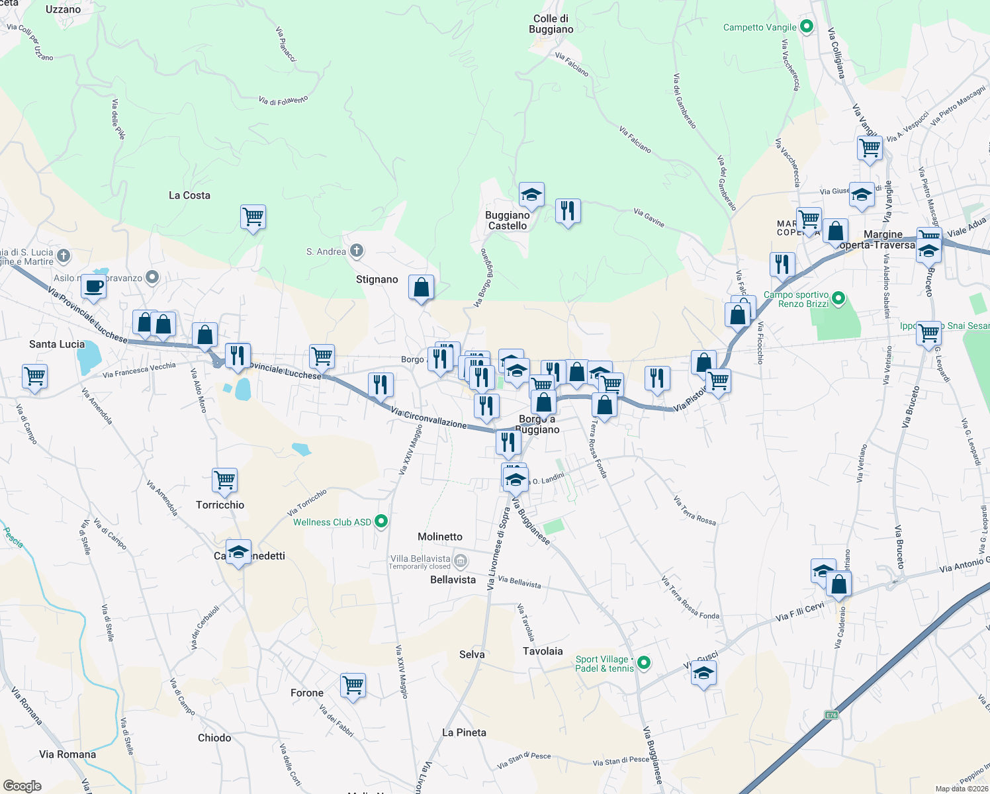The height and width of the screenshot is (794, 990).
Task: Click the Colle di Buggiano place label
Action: [551, 24]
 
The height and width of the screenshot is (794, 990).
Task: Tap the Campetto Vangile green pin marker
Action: [806, 27]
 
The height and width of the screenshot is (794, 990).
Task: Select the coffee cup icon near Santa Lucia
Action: [93, 287]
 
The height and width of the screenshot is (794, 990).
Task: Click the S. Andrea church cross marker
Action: [356, 251]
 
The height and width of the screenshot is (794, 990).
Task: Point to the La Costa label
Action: [189, 195]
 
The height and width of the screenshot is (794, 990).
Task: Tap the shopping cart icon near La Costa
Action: [253, 216]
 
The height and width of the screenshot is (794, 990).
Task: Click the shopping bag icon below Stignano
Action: [421, 288]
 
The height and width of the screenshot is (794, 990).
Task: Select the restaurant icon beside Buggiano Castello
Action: [568, 211]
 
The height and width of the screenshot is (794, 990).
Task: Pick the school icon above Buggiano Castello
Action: [531, 195]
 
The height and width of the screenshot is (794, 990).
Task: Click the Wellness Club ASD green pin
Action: [381, 521]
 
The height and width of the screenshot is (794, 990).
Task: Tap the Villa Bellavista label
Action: [420, 559]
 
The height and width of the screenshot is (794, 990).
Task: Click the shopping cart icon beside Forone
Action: [353, 685]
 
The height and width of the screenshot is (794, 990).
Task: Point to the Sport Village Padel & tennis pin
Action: [644, 663]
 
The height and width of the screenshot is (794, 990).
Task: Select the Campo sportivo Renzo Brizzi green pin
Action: [838, 299]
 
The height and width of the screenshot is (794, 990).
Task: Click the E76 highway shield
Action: [831, 715]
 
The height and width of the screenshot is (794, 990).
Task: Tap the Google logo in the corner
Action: [22, 785]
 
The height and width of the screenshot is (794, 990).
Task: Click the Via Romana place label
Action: [67, 754]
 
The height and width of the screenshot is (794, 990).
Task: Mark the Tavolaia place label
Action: [543, 651]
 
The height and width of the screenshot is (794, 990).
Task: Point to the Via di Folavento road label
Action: [283, 101]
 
